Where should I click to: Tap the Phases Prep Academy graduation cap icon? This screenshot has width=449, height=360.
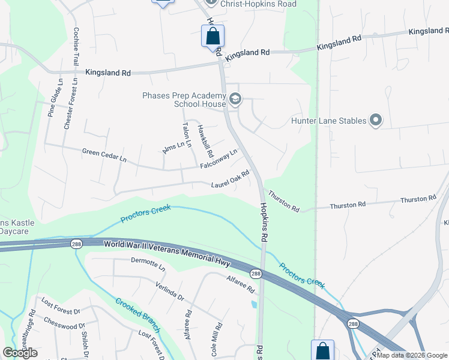pyautogui.click(x=235, y=99)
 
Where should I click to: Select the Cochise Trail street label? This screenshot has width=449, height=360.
pyautogui.click(x=76, y=46)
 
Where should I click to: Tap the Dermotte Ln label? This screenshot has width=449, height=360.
pyautogui.click(x=148, y=263)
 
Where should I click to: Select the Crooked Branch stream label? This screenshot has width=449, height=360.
pyautogui.click(x=138, y=314)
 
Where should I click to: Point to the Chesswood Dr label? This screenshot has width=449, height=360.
pyautogui.click(x=60, y=326)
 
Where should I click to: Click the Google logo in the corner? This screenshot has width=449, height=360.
pyautogui.click(x=19, y=353)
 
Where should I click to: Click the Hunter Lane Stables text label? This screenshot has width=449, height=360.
pyautogui.click(x=328, y=121)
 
